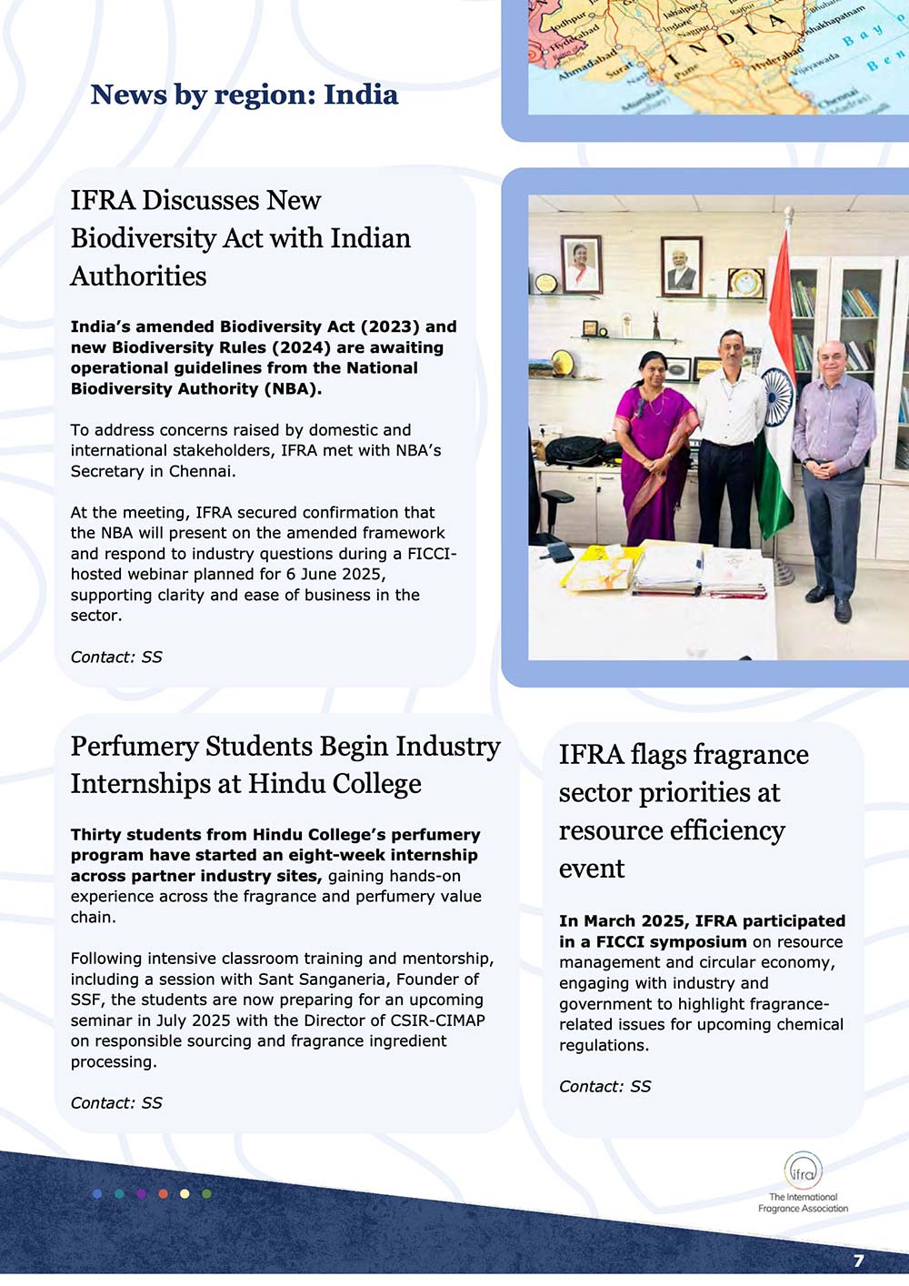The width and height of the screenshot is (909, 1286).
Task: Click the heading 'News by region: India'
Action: click(244, 95)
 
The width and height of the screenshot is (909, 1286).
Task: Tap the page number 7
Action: click(858, 1261)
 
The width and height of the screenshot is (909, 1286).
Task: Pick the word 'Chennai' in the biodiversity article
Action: click(201, 471)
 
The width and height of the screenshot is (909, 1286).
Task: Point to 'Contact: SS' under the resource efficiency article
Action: click(604, 1086)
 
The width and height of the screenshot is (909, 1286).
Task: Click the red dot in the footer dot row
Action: click(163, 1193)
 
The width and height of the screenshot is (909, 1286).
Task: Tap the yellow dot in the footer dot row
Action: click(185, 1193)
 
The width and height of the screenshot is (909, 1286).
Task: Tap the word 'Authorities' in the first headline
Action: click(138, 276)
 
